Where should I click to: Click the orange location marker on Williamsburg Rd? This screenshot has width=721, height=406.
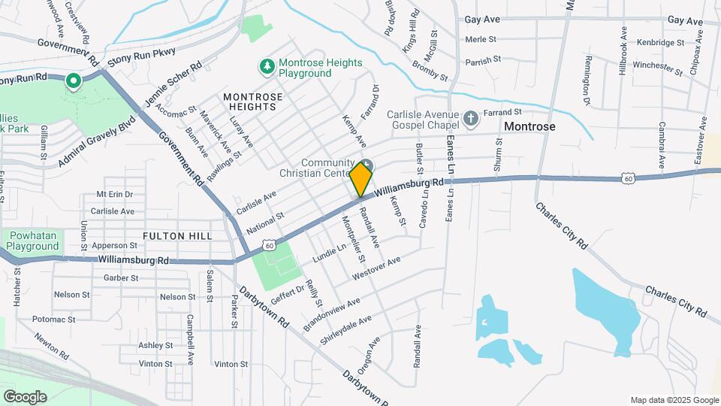coord(360,179)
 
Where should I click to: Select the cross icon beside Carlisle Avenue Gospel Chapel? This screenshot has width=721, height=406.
coord(470,119)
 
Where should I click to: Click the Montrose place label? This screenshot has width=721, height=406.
coord(529,126)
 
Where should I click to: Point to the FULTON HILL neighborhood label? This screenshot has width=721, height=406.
coord(178,236)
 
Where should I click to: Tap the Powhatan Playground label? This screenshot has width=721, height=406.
coord(33,241)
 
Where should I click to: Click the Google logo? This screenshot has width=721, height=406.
coord(25,396)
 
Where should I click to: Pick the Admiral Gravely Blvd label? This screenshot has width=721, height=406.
coord(98,141)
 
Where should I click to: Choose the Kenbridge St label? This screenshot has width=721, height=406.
coord(659,43)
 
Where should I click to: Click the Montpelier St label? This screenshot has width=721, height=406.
coord(354,240)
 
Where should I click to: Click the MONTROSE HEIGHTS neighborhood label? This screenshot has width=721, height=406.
coord(253,101)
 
